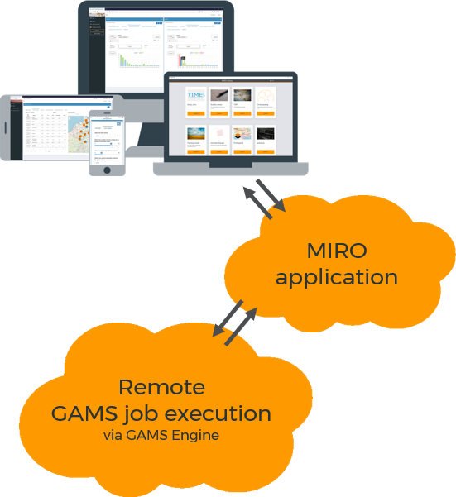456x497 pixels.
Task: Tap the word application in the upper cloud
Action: click(x=336, y=277)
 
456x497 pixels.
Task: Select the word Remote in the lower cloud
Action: click(x=161, y=387)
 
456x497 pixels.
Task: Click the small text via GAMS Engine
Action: click(x=161, y=435)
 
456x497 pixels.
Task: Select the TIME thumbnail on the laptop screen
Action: click(x=196, y=97)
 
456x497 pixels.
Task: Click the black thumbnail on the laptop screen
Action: click(x=266, y=136)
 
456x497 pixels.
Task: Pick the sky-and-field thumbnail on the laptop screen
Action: click(x=196, y=136)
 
